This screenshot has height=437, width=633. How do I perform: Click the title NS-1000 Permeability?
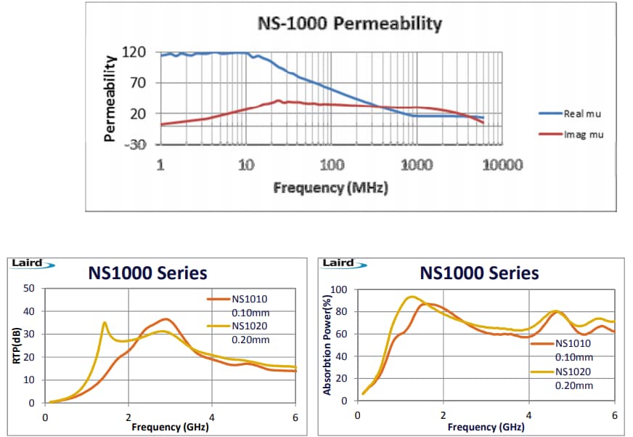click(x=349, y=24)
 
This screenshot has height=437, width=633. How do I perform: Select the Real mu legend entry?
click(x=581, y=114)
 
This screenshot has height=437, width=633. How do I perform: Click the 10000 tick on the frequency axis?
click(x=502, y=165)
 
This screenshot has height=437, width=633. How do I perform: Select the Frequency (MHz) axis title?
click(x=330, y=188)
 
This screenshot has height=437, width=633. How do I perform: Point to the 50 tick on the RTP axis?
click(x=30, y=289)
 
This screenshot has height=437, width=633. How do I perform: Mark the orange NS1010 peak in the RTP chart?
click(x=166, y=318)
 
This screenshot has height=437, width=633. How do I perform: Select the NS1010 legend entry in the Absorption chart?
click(x=573, y=344)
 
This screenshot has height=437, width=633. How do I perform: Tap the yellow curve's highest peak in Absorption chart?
click(x=412, y=296)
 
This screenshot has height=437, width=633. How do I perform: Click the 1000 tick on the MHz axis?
click(x=417, y=165)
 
